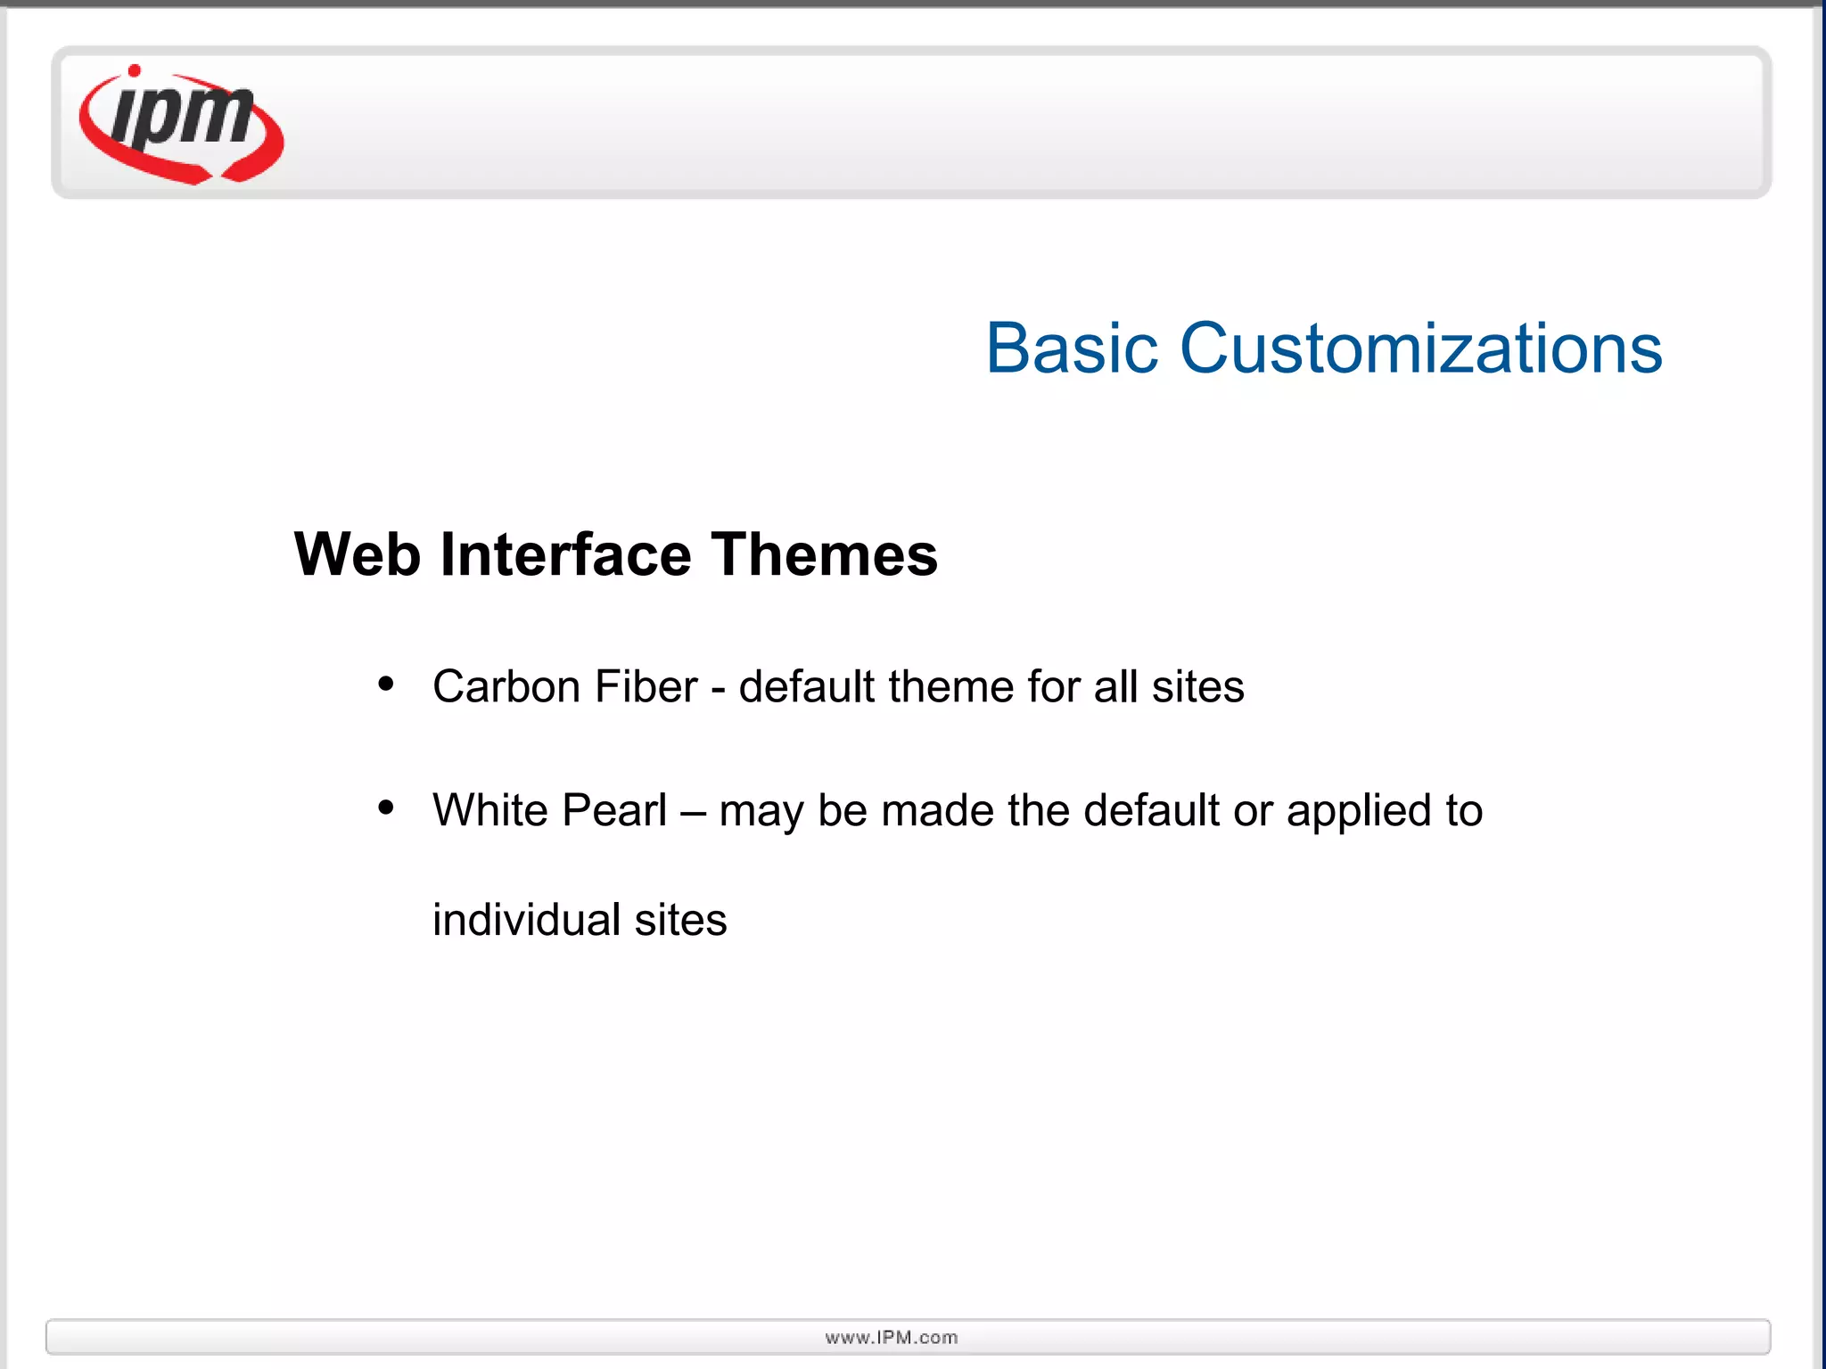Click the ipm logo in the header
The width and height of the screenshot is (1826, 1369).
click(182, 125)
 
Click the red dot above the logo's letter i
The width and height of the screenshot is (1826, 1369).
click(135, 71)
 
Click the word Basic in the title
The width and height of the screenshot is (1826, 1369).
click(1072, 348)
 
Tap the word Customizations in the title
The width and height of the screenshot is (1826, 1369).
click(1421, 348)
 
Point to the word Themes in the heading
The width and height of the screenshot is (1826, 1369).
click(824, 555)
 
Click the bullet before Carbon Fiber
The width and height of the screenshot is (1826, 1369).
click(386, 684)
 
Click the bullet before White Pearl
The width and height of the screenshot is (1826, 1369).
click(386, 807)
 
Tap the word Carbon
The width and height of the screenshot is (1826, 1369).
click(506, 687)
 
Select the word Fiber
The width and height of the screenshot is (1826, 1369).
click(646, 687)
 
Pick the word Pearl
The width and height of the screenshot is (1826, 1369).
click(614, 810)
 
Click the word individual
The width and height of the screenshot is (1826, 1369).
click(526, 920)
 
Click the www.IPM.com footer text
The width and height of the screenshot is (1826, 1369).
click(892, 1337)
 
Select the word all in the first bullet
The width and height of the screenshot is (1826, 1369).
click(1116, 687)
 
